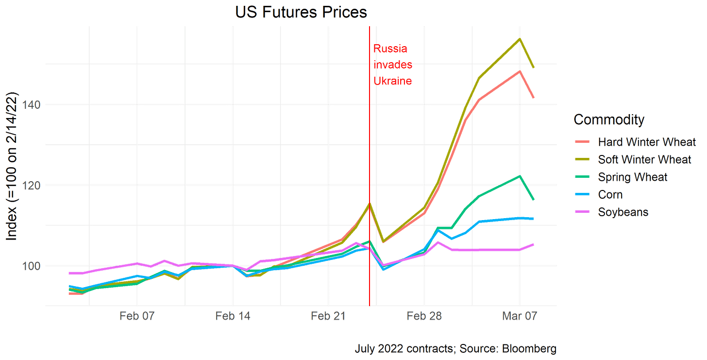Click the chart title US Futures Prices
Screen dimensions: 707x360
(x=301, y=13)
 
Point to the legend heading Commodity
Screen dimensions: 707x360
(x=609, y=120)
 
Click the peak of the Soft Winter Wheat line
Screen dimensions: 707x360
(x=520, y=38)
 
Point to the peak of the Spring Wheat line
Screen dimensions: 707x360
(x=520, y=176)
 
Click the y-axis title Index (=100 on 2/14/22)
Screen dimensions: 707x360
(x=13, y=165)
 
